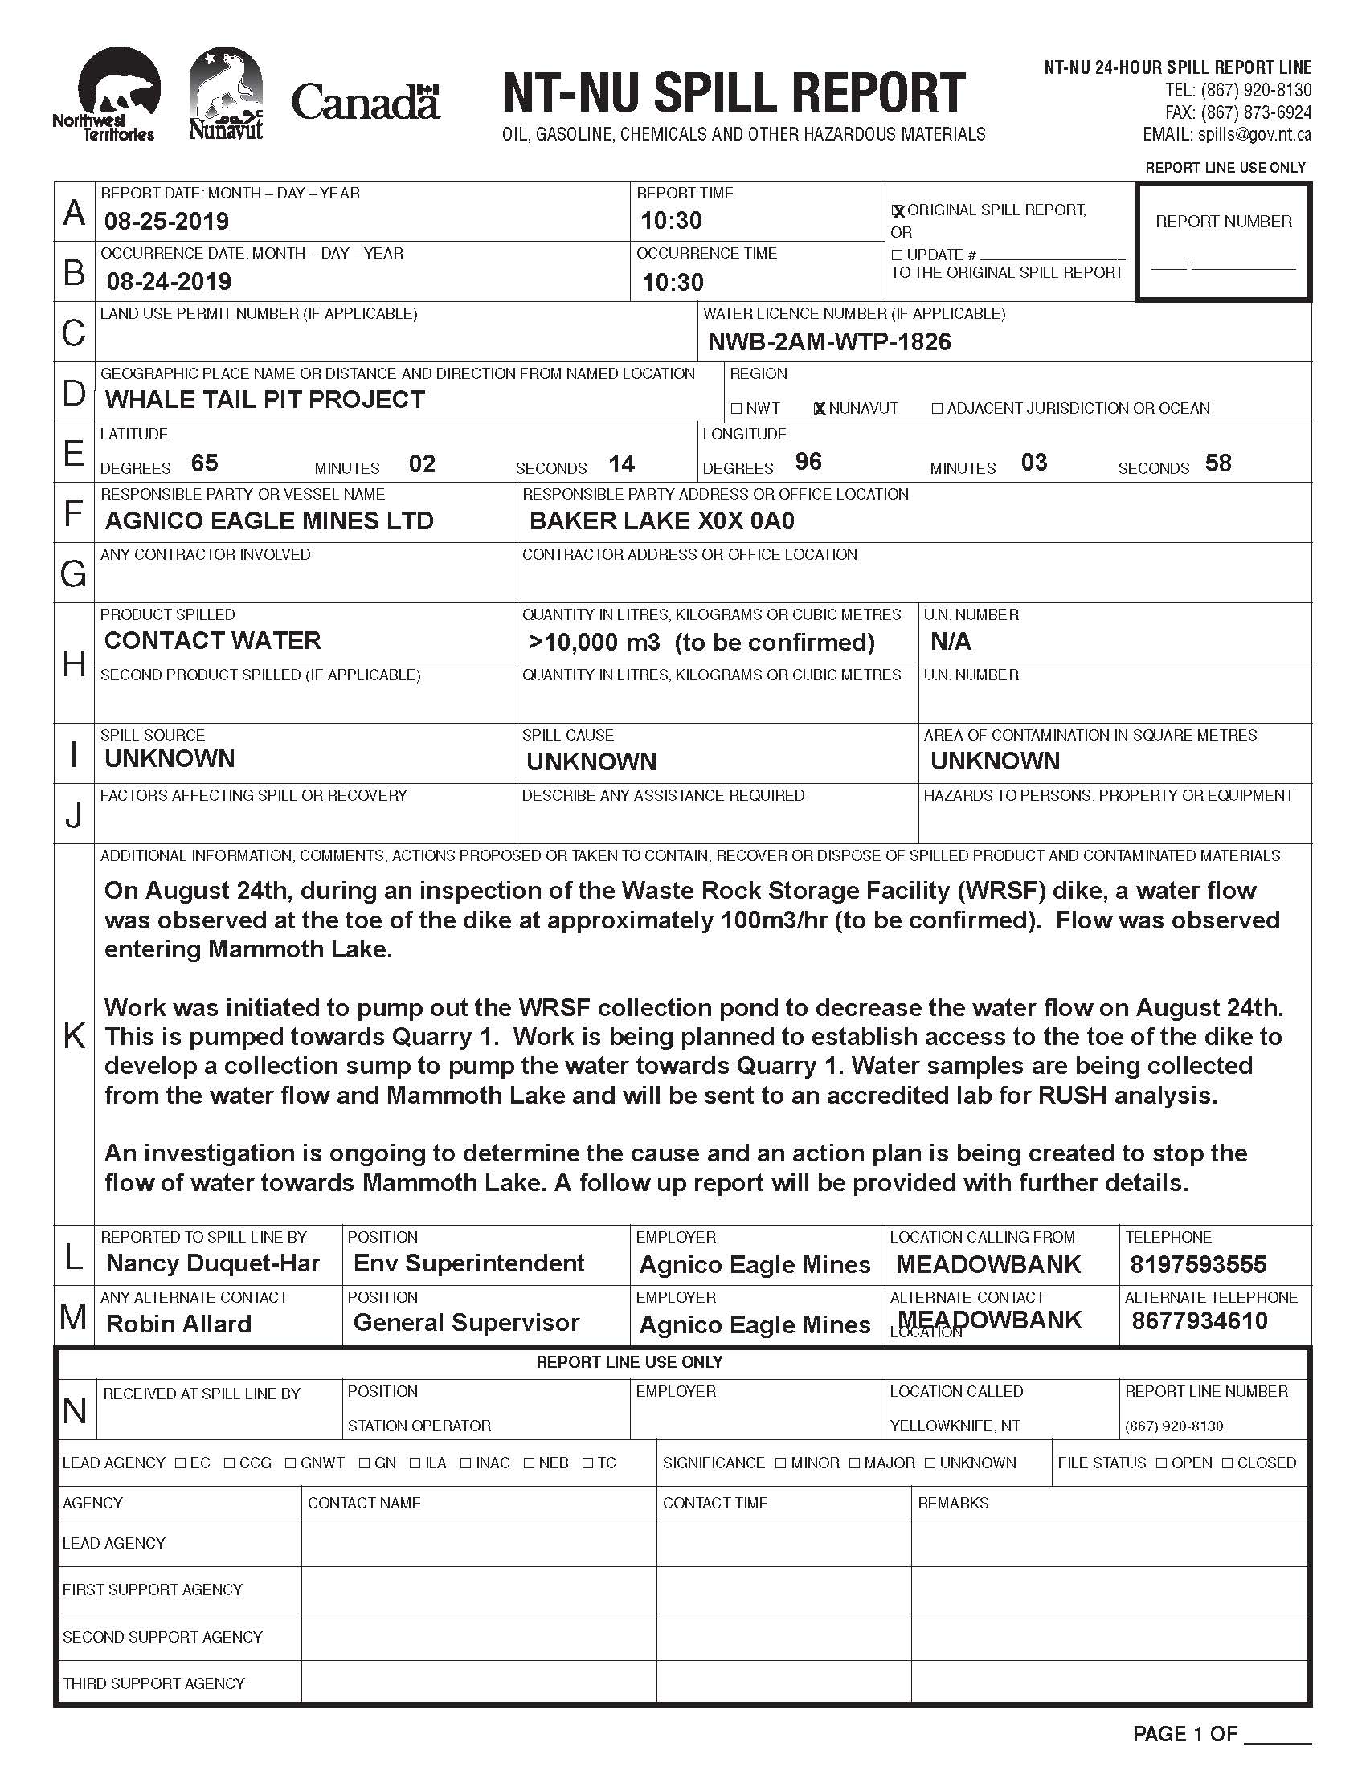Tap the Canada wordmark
point(365,103)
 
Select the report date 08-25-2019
point(166,221)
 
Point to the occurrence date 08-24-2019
point(169,282)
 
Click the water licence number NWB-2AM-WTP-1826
point(829,342)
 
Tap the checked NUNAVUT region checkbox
point(820,409)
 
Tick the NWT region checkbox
point(735,409)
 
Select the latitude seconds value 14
point(621,463)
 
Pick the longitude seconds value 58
point(1218,463)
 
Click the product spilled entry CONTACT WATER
point(213,641)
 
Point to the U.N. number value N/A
point(950,642)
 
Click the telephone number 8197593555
point(1199,1264)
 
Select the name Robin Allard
point(179,1324)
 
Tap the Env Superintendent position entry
point(468,1263)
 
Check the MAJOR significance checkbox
point(856,1463)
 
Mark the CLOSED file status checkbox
point(1227,1463)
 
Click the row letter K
point(74,1034)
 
